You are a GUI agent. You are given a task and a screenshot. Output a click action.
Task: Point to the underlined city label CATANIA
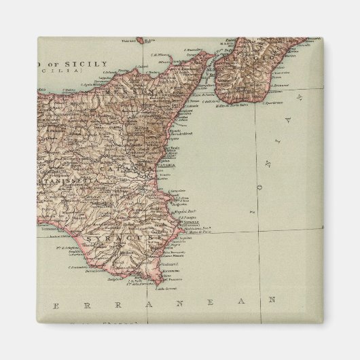tap(165, 165)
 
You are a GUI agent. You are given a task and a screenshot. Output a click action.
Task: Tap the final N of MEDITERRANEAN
tap(272, 299)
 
